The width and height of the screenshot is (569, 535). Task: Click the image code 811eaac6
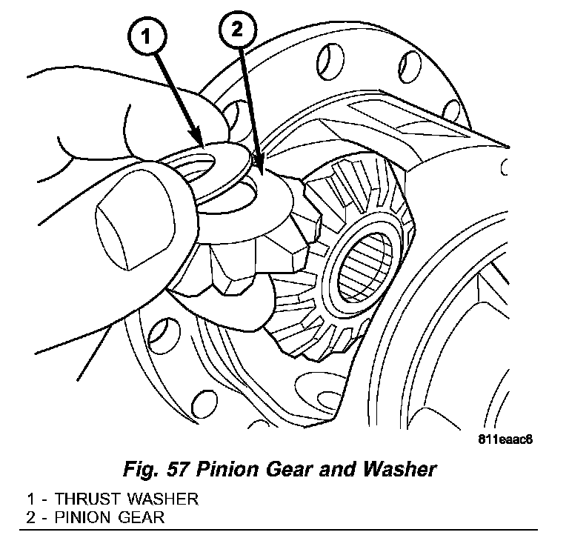click(508, 437)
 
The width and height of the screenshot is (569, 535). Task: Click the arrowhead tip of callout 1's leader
click(202, 142)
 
